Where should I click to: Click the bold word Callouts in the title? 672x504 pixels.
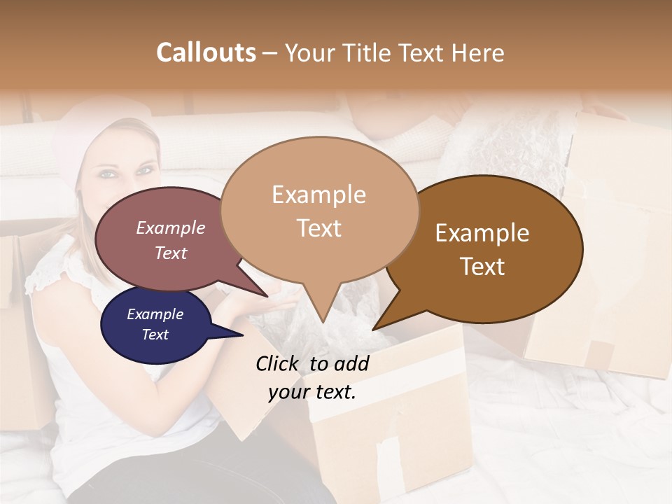pos(206,52)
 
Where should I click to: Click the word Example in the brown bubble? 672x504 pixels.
pos(482,233)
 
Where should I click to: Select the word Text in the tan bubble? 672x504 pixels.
pos(319,228)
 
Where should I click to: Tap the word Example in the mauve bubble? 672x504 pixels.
pos(171,228)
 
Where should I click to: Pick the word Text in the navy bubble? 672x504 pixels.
pos(155,335)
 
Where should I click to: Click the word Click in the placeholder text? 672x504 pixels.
pos(279,363)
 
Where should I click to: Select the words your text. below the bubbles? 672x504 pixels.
pos(312,392)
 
